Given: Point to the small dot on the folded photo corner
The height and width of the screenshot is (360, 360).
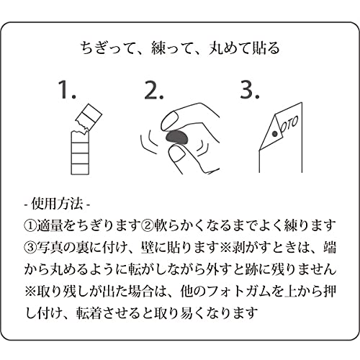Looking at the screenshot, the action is pyautogui.click(x=275, y=134).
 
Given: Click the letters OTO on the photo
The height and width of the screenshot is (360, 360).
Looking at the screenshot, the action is pyautogui.click(x=289, y=125).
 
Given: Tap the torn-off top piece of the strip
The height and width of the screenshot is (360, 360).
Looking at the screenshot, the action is pyautogui.click(x=89, y=117).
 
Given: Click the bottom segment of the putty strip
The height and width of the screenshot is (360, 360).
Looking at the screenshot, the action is pyautogui.click(x=80, y=168).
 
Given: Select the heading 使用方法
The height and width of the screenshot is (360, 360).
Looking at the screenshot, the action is pyautogui.click(x=57, y=204).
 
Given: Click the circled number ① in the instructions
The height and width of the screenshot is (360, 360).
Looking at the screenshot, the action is pyautogui.click(x=30, y=226).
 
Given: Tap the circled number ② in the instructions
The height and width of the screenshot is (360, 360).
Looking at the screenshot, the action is pyautogui.click(x=147, y=226).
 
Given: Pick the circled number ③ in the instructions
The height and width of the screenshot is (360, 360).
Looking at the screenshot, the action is pyautogui.click(x=30, y=248).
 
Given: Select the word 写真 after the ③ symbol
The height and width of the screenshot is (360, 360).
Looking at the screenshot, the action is pyautogui.click(x=50, y=248).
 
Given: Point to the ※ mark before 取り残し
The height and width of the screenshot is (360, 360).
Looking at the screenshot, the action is pyautogui.click(x=30, y=292).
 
